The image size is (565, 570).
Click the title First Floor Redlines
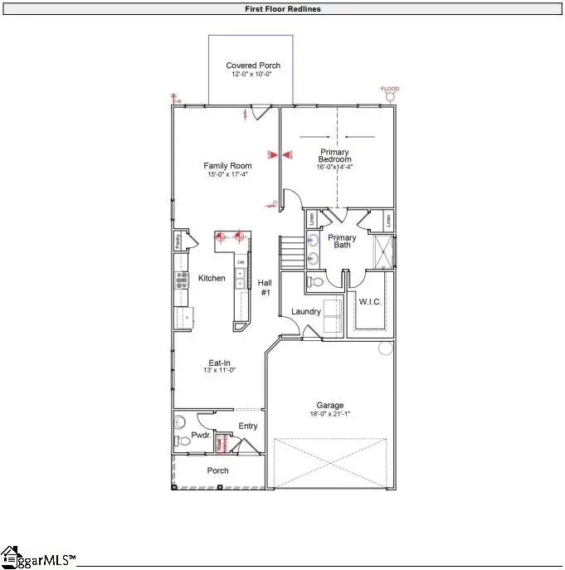point(282,9)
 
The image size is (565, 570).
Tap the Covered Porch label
point(253,66)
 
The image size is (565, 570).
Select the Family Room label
point(227,166)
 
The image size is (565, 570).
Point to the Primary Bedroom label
point(335,156)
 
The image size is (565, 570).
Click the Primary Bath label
point(342,241)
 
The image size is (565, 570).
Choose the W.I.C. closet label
point(370,301)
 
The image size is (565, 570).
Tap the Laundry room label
point(306,311)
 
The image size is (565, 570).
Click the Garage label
point(329,406)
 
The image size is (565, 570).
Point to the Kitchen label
point(212,278)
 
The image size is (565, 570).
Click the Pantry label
point(178,241)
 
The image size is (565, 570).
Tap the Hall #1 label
point(265,287)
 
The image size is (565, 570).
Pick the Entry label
point(248,426)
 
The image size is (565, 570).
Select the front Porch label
point(217,470)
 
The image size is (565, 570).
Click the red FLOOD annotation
point(390,89)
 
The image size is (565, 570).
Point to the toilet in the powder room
point(183,441)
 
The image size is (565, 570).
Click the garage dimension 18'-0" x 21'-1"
point(329,414)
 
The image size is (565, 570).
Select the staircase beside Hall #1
point(290,251)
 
